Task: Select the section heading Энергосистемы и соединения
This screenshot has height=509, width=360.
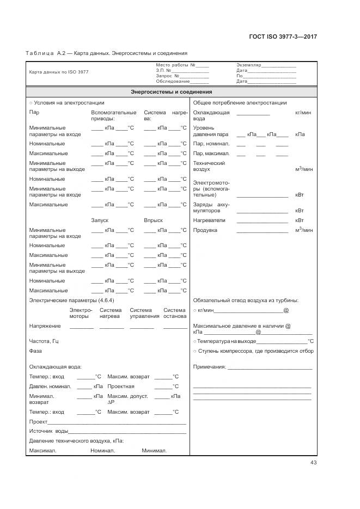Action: coord(172,92)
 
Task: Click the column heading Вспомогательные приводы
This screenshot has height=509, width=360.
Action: coord(114,115)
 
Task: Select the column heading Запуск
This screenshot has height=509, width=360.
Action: coord(100,220)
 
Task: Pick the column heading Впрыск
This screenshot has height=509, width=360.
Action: coord(153,220)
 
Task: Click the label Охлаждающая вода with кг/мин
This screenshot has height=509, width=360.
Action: coord(211,115)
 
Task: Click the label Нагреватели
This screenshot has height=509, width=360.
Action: coord(209,220)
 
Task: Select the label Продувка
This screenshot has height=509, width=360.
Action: coord(205,230)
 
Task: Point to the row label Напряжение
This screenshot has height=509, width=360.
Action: coord(45,326)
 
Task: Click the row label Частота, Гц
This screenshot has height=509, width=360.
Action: coord(44,341)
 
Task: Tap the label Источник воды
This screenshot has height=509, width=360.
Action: coord(48,431)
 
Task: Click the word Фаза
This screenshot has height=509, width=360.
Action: coord(35,351)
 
